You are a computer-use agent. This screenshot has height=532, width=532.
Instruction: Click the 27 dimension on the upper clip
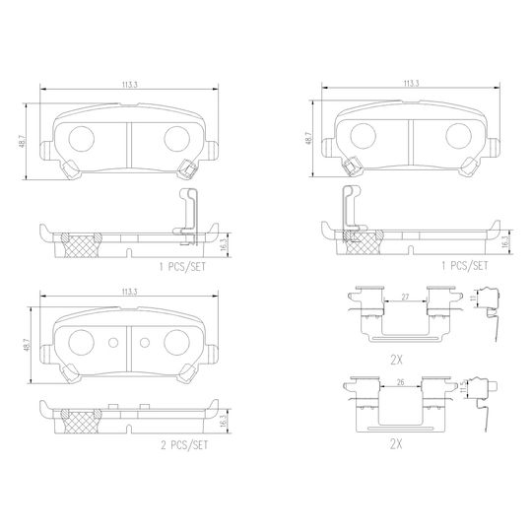point(405,297)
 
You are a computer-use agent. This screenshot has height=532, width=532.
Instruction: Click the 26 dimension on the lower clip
point(400,382)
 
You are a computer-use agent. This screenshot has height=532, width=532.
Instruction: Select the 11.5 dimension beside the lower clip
point(463,388)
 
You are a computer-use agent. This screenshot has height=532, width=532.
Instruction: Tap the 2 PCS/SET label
point(184,445)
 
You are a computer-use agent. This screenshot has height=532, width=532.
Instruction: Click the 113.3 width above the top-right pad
point(411,83)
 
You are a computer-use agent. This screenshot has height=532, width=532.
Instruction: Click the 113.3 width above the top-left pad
point(130,85)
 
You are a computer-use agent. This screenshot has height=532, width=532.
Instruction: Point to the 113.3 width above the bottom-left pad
point(130,292)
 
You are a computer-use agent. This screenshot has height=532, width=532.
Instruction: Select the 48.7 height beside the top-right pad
point(308,139)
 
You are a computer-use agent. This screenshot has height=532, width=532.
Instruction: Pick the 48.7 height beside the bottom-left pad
point(28,345)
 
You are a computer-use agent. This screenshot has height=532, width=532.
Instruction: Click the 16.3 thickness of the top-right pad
point(506,242)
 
